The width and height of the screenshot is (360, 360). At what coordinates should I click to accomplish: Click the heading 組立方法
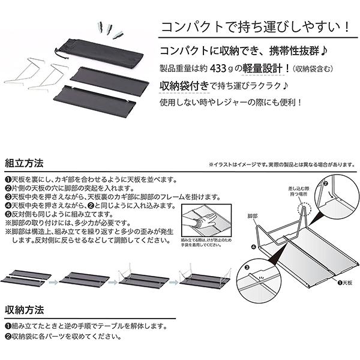point(23,162)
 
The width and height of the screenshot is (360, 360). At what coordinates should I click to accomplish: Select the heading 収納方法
point(23,310)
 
